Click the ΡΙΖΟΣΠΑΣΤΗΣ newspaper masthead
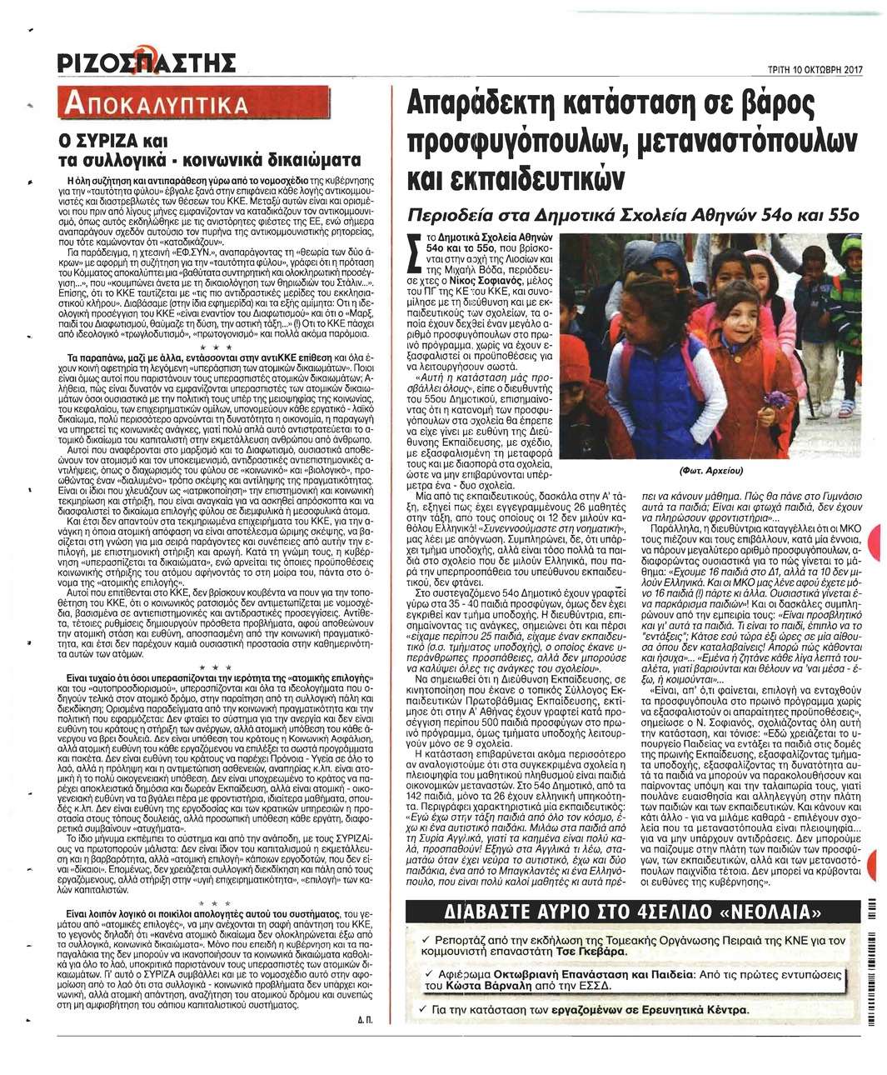pos(147,63)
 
